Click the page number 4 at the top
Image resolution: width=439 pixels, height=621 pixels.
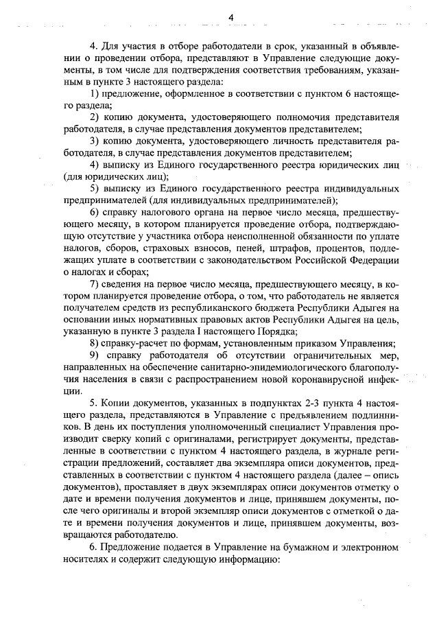[x=231, y=17]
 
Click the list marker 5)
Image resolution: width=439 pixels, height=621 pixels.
[x=96, y=189]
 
